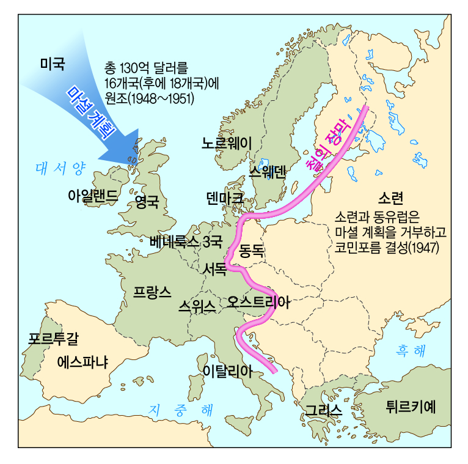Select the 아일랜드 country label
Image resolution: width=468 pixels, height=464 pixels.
point(92,196)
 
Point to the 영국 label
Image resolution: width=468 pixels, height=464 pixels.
point(147,199)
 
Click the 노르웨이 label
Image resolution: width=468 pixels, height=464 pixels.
point(227,143)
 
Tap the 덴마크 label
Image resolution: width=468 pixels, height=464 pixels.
point(225,197)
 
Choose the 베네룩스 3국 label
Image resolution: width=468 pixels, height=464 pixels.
point(186,241)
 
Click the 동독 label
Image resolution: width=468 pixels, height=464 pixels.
point(251,249)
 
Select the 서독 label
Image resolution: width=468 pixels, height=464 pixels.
point(213,268)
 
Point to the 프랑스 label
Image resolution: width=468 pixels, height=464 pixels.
point(152,292)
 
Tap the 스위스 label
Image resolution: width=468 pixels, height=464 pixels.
point(197,306)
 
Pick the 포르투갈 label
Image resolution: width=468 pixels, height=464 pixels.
point(53,337)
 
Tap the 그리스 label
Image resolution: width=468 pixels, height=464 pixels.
point(323,410)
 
